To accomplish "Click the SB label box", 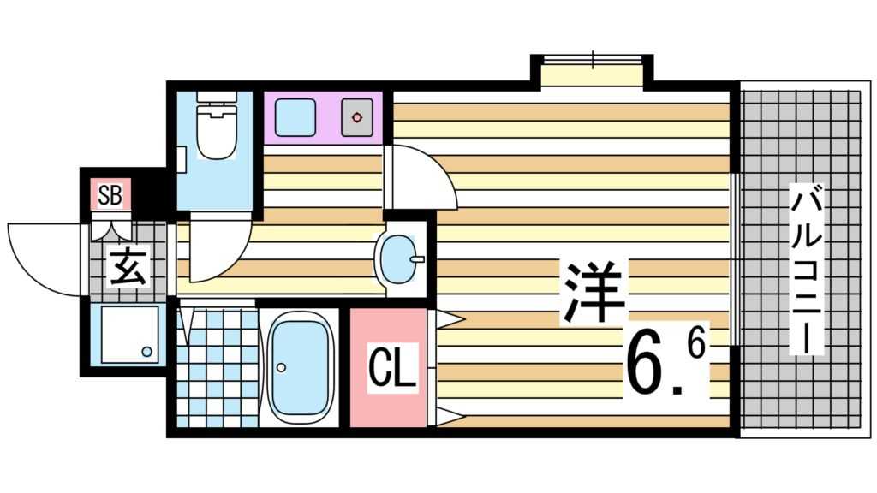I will (109, 196).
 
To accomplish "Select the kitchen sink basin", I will (295, 117).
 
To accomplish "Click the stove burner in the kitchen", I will (356, 117).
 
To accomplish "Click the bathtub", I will (299, 366).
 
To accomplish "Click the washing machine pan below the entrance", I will (129, 333).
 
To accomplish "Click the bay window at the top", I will (592, 74).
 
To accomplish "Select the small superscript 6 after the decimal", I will (695, 346).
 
